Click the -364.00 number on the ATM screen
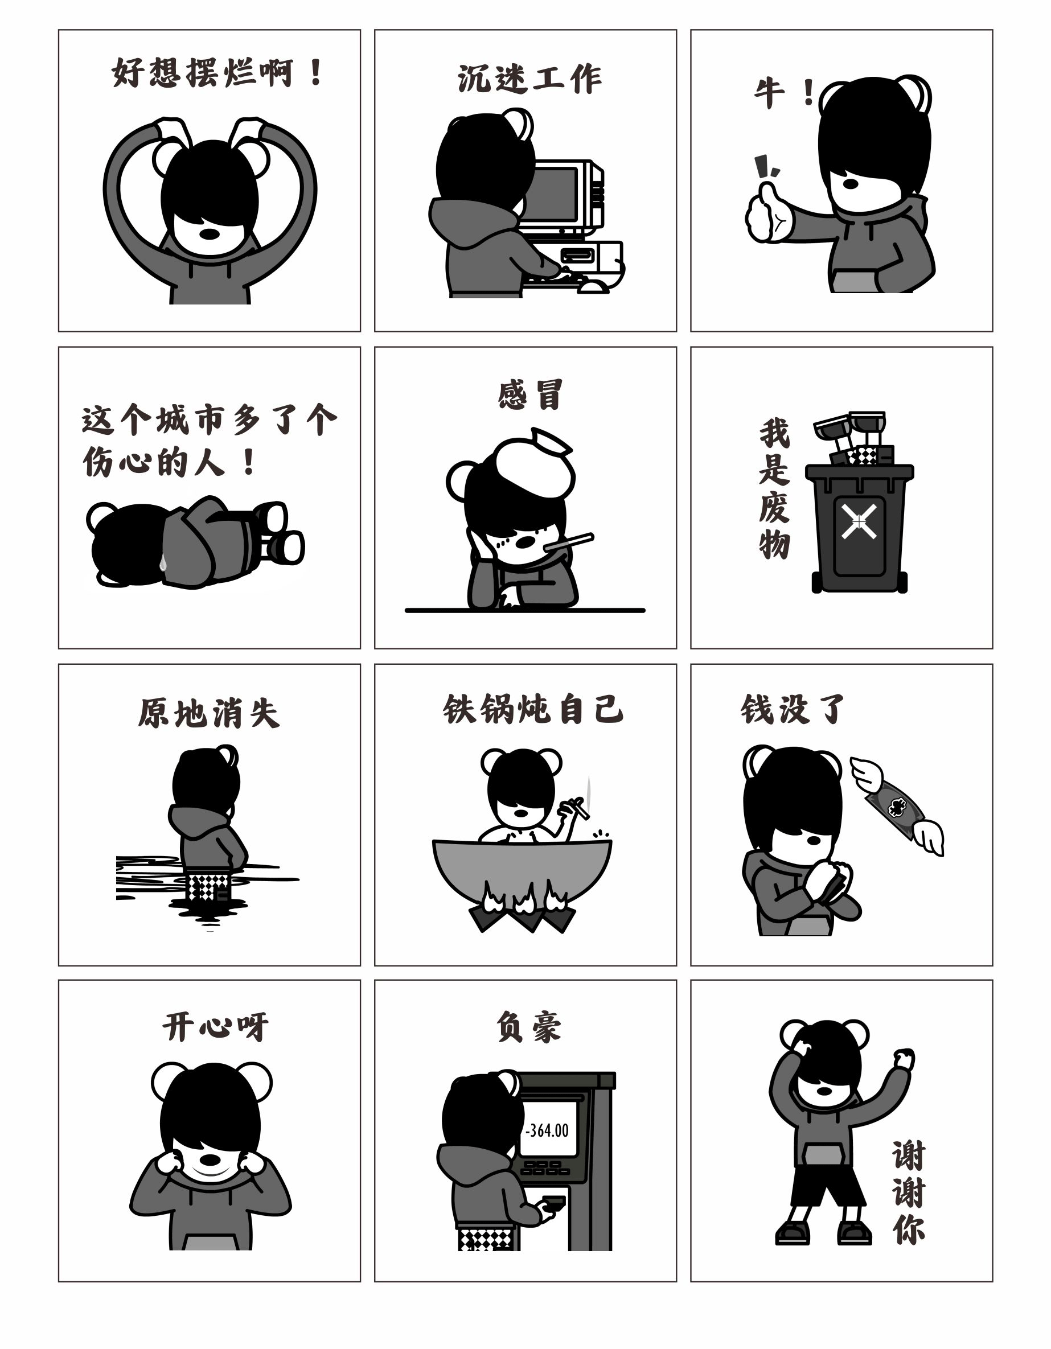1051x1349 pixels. (x=548, y=1130)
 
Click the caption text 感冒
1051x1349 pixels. (x=530, y=396)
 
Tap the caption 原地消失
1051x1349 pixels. (x=209, y=713)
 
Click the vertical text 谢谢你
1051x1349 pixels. (x=908, y=1191)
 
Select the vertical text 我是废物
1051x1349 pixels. (x=774, y=488)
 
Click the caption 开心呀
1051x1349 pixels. (x=216, y=1027)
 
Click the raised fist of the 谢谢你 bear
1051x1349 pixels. (x=904, y=1059)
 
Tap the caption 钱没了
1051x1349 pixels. (x=792, y=709)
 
